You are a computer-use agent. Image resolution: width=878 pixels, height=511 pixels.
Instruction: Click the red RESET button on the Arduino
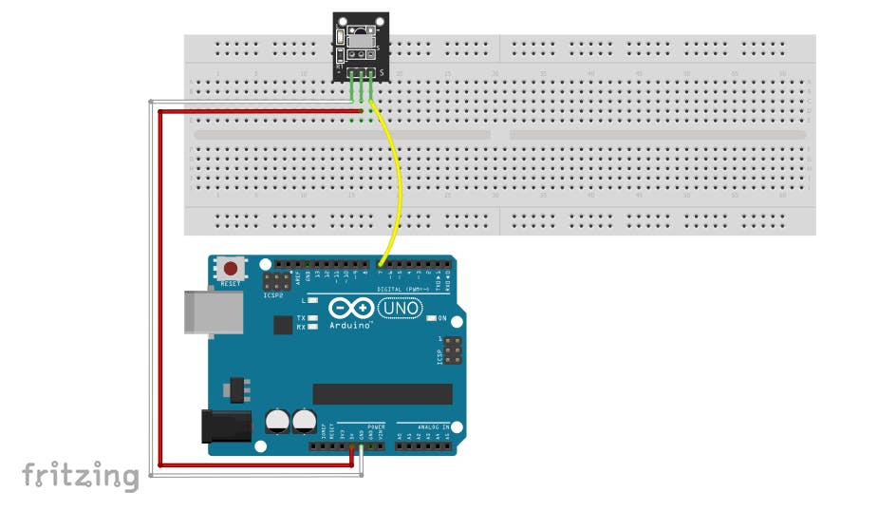[231, 269]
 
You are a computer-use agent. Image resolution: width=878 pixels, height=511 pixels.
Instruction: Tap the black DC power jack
[226, 426]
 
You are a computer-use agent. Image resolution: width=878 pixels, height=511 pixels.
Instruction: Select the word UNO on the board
[400, 308]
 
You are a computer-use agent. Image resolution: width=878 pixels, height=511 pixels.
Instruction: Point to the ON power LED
[432, 318]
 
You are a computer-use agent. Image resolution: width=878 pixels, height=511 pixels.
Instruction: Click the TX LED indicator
[311, 317]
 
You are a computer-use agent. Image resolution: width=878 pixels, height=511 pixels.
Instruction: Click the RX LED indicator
[311, 327]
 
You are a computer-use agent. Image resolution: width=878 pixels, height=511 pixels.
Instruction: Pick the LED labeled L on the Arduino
[311, 300]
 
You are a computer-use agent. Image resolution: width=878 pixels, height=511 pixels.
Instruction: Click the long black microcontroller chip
[383, 393]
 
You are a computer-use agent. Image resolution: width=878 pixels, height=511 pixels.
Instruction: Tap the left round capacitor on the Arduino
[277, 421]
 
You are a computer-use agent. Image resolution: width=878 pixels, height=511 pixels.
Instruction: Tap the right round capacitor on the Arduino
[304, 421]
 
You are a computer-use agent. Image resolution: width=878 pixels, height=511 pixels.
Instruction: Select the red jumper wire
[159, 285]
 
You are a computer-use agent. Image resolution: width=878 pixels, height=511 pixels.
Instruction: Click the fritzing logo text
[80, 475]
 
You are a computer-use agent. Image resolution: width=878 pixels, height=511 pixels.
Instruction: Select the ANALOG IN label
[422, 426]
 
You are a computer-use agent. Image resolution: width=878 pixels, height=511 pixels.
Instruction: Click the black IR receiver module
[360, 46]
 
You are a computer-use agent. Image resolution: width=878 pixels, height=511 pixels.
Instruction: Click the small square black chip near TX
[283, 325]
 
